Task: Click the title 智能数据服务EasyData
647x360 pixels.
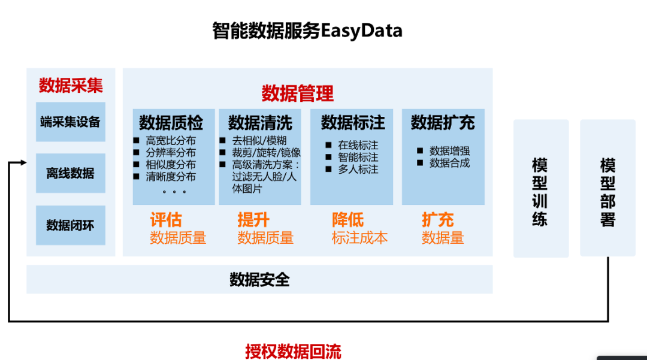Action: click(307, 30)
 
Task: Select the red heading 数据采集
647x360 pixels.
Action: click(71, 86)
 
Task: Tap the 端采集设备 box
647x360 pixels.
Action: click(70, 122)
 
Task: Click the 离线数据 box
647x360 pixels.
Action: click(70, 174)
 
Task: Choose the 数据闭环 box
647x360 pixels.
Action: click(70, 225)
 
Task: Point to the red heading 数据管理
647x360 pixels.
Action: click(298, 93)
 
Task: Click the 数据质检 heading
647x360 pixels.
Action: click(171, 123)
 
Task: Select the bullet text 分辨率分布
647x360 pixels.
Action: click(170, 153)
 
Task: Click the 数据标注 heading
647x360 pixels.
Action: click(353, 123)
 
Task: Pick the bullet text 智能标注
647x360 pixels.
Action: click(358, 158)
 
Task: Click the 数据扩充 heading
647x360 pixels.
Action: click(443, 123)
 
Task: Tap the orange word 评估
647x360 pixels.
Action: click(165, 220)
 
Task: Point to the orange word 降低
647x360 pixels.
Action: click(347, 220)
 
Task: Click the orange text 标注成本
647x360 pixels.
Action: click(359, 238)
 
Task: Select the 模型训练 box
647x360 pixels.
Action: click(540, 189)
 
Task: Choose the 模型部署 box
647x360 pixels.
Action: click(607, 189)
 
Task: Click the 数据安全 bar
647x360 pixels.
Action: click(259, 280)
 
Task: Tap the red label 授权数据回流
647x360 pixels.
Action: click(293, 351)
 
